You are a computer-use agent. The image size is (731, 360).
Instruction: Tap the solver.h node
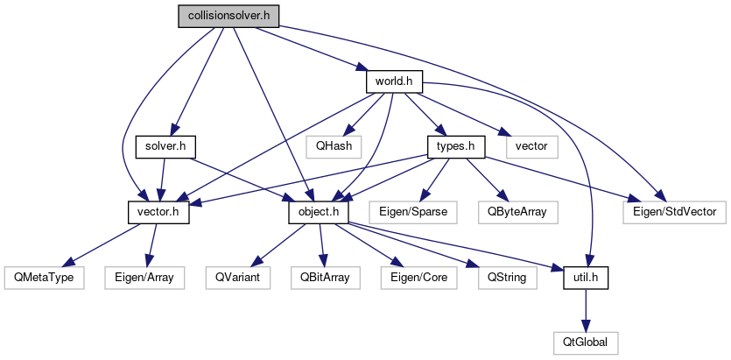(x=165, y=145)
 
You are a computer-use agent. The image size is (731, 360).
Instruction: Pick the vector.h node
(x=158, y=211)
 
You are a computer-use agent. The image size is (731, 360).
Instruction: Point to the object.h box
(x=319, y=211)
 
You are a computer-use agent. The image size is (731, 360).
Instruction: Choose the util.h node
(x=586, y=278)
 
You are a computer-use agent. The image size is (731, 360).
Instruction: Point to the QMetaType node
(x=44, y=278)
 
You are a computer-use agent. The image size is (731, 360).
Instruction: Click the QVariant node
(x=239, y=278)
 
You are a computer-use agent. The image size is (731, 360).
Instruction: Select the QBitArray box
(x=323, y=278)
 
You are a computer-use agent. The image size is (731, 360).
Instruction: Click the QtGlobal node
(x=586, y=342)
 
